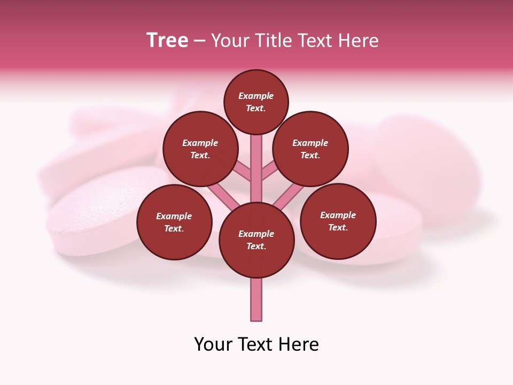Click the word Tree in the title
tap(167, 41)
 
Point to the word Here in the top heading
tap(360, 41)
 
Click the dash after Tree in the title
tap(199, 41)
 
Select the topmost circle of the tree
tap(256, 102)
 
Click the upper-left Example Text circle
tap(200, 149)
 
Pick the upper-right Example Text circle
tap(310, 149)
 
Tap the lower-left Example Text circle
tap(174, 222)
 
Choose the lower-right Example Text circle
tap(338, 221)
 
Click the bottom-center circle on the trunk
tap(256, 240)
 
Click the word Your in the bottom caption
tap(213, 344)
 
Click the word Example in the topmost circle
tap(256, 96)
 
